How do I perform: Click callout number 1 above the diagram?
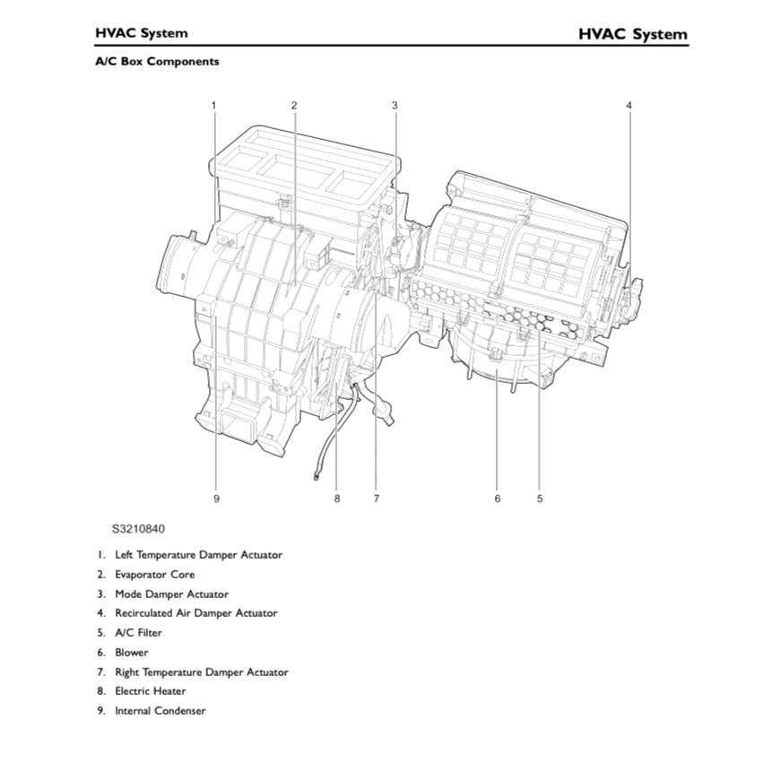tap(213, 105)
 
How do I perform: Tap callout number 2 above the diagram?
tap(293, 105)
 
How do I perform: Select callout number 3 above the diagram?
tap(395, 105)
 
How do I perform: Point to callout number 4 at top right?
tap(629, 105)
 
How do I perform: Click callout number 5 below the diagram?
tap(540, 499)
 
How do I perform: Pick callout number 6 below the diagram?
tap(497, 499)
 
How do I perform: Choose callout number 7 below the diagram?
tap(377, 499)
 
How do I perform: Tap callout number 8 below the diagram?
tap(337, 499)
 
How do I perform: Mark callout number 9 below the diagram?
tap(216, 499)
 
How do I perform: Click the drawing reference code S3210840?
tap(138, 529)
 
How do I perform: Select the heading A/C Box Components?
tap(157, 62)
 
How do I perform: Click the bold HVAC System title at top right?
tap(632, 34)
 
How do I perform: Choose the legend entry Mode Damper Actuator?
tap(171, 594)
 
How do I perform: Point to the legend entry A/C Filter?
tap(138, 633)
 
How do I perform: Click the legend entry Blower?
tap(131, 653)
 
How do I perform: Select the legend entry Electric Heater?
tap(150, 691)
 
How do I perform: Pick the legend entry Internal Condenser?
tap(160, 711)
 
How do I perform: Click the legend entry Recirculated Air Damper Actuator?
tap(195, 613)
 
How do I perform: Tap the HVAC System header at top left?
tap(142, 33)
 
